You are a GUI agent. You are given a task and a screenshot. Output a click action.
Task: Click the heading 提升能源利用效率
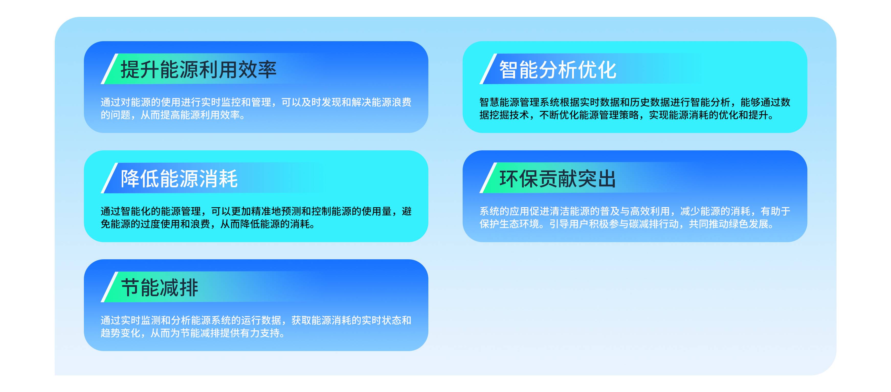[x=198, y=70]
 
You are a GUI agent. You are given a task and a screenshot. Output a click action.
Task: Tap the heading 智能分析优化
[x=558, y=70]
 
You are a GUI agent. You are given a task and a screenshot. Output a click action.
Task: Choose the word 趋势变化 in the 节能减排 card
[x=121, y=333]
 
